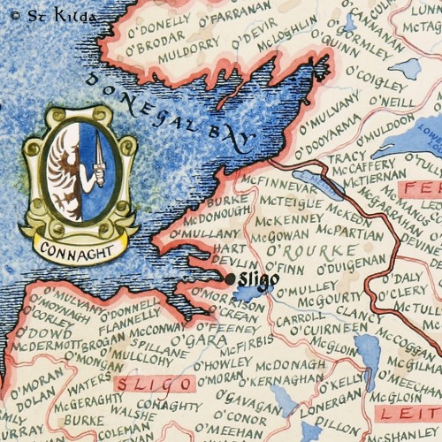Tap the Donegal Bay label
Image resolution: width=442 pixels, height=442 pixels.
[x=169, y=110]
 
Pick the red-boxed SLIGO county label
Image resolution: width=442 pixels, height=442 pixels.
[x=156, y=385]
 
